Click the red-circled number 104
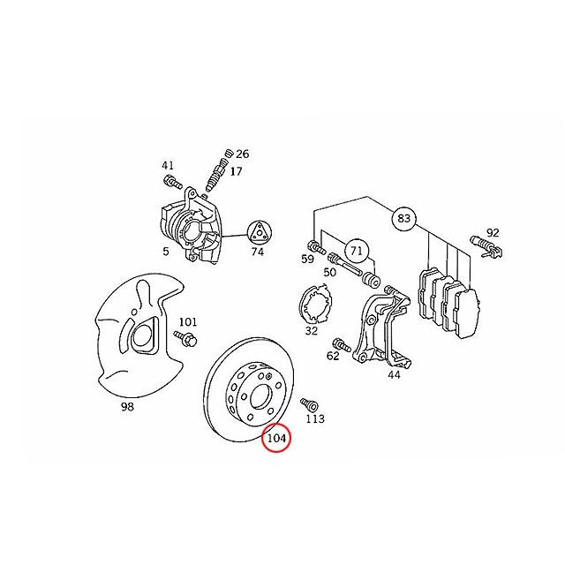coord(276,438)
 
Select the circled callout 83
coord(403,218)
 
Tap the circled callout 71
coord(356,250)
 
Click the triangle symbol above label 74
coord(259,233)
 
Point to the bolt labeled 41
coord(173,182)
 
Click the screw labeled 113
coord(309,404)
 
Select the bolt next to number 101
coord(185,337)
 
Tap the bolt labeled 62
coord(342,345)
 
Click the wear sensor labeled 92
coord(486,247)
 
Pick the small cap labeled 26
coord(228,154)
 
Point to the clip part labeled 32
coord(316,304)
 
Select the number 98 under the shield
coord(127,407)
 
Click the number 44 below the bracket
coord(394,375)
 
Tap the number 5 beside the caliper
coord(166,251)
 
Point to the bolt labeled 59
coord(317,247)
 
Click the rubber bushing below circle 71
coord(371,281)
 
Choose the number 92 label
coord(493,233)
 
